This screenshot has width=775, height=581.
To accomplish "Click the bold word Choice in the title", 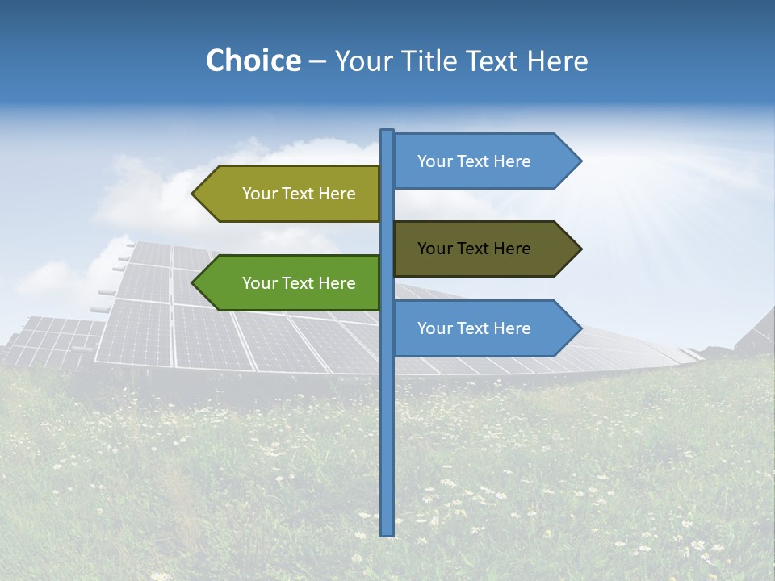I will (253, 61).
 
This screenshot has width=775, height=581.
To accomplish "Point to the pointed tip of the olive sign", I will (194, 194).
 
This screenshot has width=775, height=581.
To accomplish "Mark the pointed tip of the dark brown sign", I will (580, 249).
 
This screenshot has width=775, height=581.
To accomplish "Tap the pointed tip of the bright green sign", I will (194, 283).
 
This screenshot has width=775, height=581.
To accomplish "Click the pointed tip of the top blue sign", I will (580, 161).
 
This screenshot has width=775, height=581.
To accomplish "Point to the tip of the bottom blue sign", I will (580, 328).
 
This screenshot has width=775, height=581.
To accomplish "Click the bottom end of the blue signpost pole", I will (387, 533).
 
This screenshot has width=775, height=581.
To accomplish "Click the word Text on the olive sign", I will (300, 194).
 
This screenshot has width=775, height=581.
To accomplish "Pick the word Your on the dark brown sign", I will (434, 249).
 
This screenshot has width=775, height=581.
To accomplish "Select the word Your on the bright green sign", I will (259, 283).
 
